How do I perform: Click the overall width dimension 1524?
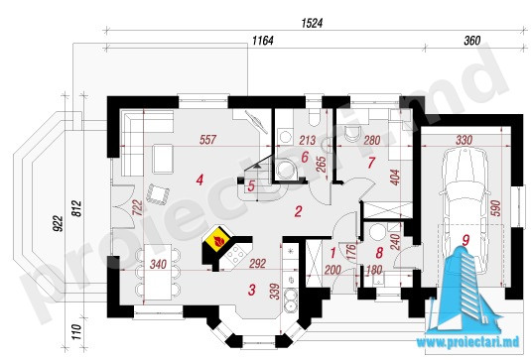(312, 23)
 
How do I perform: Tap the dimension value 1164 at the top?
(262, 41)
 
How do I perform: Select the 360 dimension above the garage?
(471, 41)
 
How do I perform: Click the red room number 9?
(465, 240)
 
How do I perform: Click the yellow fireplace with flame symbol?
(216, 241)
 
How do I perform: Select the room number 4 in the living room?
(199, 180)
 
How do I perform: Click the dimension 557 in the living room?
(207, 140)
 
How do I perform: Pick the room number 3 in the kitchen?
(251, 290)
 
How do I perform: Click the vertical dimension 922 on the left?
(59, 223)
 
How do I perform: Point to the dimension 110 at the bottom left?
(76, 332)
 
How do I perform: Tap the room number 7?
(371, 163)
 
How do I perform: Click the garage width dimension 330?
(464, 140)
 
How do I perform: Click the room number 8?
(379, 253)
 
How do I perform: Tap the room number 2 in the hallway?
(298, 212)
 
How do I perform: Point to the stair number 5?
(251, 186)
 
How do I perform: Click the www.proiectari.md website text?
(467, 342)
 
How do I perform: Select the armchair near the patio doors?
(158, 194)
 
